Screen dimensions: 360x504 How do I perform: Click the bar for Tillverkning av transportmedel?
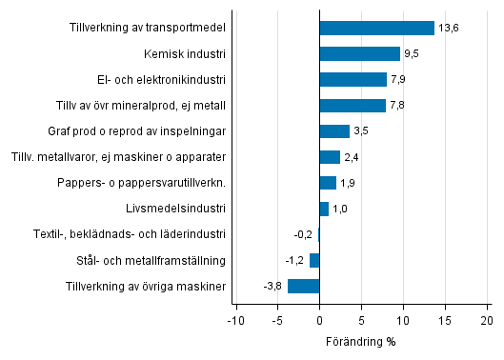point(376,29)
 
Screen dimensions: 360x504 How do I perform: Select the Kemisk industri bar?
point(359,54)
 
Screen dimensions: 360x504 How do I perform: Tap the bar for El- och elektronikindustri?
point(353,80)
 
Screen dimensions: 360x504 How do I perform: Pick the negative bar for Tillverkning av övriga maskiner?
point(303,286)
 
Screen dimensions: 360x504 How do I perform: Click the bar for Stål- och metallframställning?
point(314,260)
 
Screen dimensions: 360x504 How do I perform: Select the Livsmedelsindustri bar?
point(324,209)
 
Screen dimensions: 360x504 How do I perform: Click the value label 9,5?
point(413,54)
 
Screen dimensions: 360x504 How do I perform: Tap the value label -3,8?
point(272,286)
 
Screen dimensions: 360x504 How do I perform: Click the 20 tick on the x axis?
point(487,322)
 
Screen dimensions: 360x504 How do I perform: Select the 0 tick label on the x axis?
point(319,322)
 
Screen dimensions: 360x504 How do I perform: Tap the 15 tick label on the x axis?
point(445,322)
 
